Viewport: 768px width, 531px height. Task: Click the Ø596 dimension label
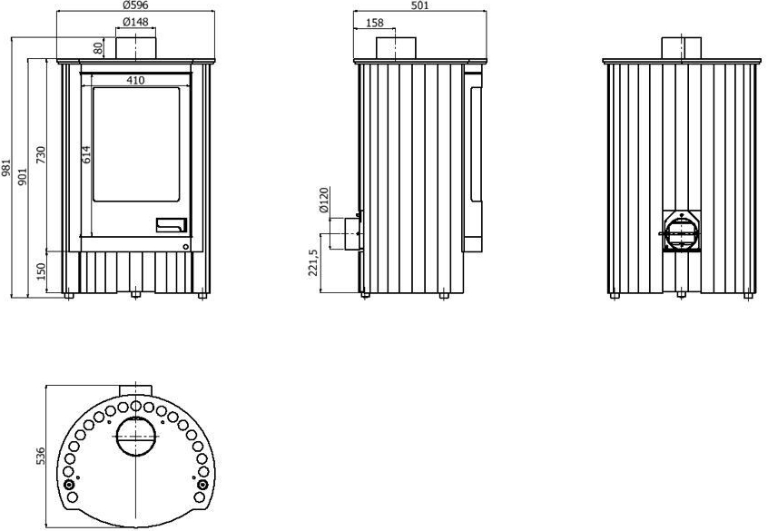[135, 5]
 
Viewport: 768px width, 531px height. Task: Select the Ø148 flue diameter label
[135, 22]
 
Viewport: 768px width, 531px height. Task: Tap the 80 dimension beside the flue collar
[98, 48]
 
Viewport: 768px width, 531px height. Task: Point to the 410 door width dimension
[135, 81]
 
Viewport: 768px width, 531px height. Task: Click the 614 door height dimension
[85, 153]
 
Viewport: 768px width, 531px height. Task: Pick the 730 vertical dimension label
[41, 155]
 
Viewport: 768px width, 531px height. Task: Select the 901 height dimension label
[23, 176]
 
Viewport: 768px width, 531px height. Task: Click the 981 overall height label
[5, 167]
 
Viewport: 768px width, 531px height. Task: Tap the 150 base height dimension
[41, 271]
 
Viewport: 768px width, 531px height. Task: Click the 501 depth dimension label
[419, 5]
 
